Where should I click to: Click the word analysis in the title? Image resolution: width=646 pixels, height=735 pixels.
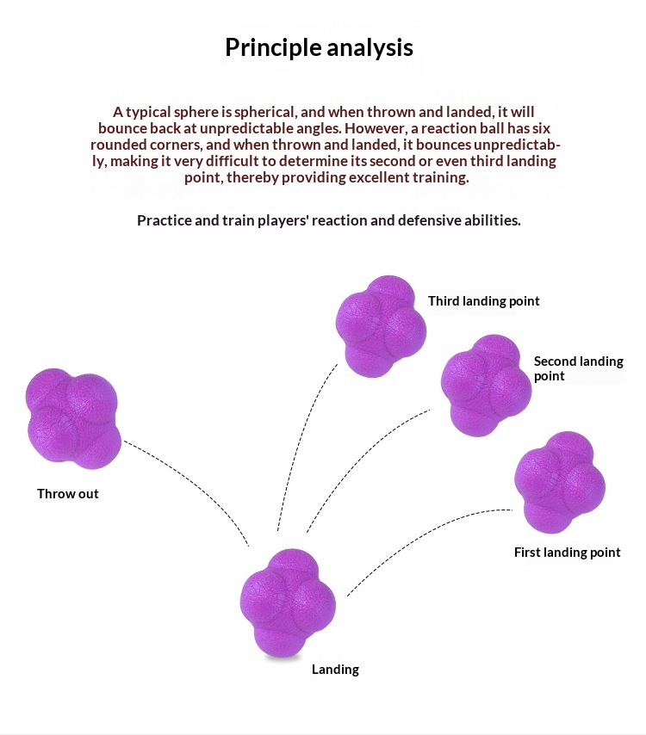click(370, 48)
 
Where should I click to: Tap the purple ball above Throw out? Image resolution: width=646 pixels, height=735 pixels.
click(73, 418)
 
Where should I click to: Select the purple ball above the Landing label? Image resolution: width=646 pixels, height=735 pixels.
click(288, 602)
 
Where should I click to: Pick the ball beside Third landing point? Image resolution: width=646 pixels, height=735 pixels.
click(381, 326)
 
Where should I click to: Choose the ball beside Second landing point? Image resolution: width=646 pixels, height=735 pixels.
click(486, 386)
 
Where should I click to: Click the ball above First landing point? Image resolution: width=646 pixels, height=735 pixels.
click(560, 482)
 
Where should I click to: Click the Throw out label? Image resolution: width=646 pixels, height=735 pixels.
click(68, 494)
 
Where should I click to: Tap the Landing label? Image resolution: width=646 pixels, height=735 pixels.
click(335, 670)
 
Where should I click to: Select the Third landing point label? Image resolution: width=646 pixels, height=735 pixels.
click(484, 301)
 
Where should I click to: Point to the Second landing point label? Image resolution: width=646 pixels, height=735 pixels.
click(579, 368)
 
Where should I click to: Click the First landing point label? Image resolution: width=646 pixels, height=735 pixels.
click(567, 553)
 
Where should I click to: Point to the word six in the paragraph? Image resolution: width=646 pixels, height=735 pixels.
click(541, 128)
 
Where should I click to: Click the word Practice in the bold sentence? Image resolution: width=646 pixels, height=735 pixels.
click(164, 220)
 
